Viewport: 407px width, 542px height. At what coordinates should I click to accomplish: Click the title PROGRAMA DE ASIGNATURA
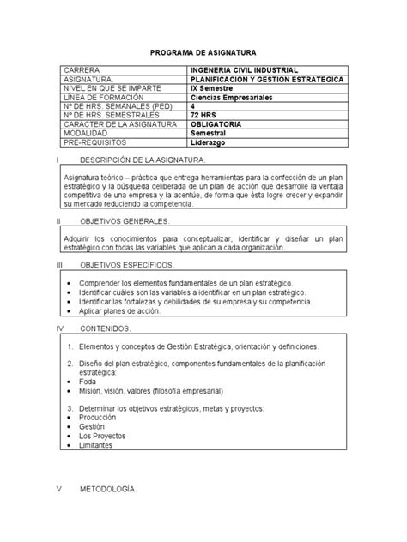coord(203,52)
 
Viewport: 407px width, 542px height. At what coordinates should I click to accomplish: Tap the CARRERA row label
coord(81,69)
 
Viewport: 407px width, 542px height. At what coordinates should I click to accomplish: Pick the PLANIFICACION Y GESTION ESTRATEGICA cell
coord(268,78)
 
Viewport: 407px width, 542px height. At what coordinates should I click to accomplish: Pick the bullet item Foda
coord(88,383)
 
